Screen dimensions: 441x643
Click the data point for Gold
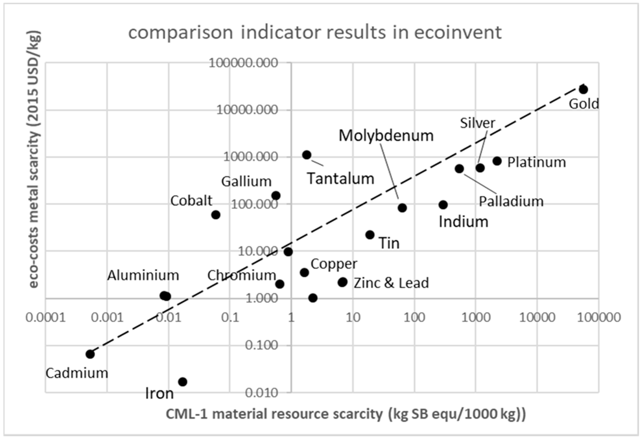point(583,89)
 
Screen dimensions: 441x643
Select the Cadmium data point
point(90,354)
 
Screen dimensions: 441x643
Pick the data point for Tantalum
point(307,155)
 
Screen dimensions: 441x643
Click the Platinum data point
point(497,161)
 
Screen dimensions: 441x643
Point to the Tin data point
point(370,235)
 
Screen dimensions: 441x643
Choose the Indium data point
point(443,205)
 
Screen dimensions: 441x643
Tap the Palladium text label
point(511,201)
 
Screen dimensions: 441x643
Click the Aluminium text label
point(143,275)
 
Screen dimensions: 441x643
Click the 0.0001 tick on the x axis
point(46,317)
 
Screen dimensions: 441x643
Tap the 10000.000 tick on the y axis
point(247,110)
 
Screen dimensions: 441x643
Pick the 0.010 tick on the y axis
point(261,393)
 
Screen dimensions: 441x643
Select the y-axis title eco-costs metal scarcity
point(35,159)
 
